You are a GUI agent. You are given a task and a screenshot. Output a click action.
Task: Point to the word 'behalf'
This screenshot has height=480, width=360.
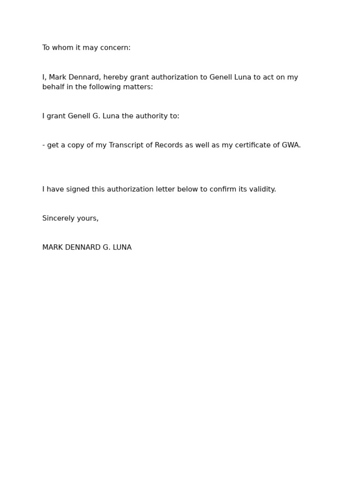(52, 87)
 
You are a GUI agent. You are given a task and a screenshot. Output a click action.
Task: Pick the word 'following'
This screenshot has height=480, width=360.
(104, 87)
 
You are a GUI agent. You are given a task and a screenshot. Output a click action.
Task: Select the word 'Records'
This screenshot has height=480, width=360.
(169, 145)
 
